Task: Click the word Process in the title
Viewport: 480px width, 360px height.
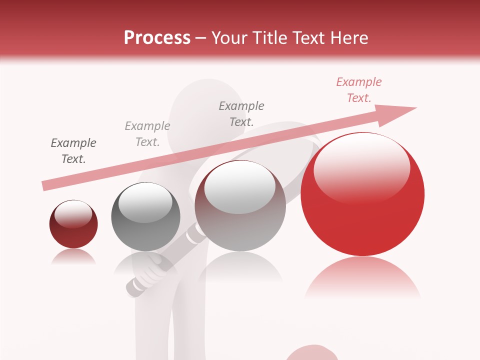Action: [x=157, y=38]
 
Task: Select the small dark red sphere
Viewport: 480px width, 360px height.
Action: [x=73, y=224]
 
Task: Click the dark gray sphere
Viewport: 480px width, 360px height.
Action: [x=145, y=216]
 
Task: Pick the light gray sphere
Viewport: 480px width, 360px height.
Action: [x=240, y=205]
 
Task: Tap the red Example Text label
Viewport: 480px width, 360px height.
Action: [x=359, y=90]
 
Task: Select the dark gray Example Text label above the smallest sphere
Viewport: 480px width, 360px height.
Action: [x=73, y=151]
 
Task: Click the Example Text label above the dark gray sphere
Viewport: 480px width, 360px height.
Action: [x=147, y=134]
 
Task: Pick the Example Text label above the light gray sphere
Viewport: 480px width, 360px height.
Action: [x=241, y=113]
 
